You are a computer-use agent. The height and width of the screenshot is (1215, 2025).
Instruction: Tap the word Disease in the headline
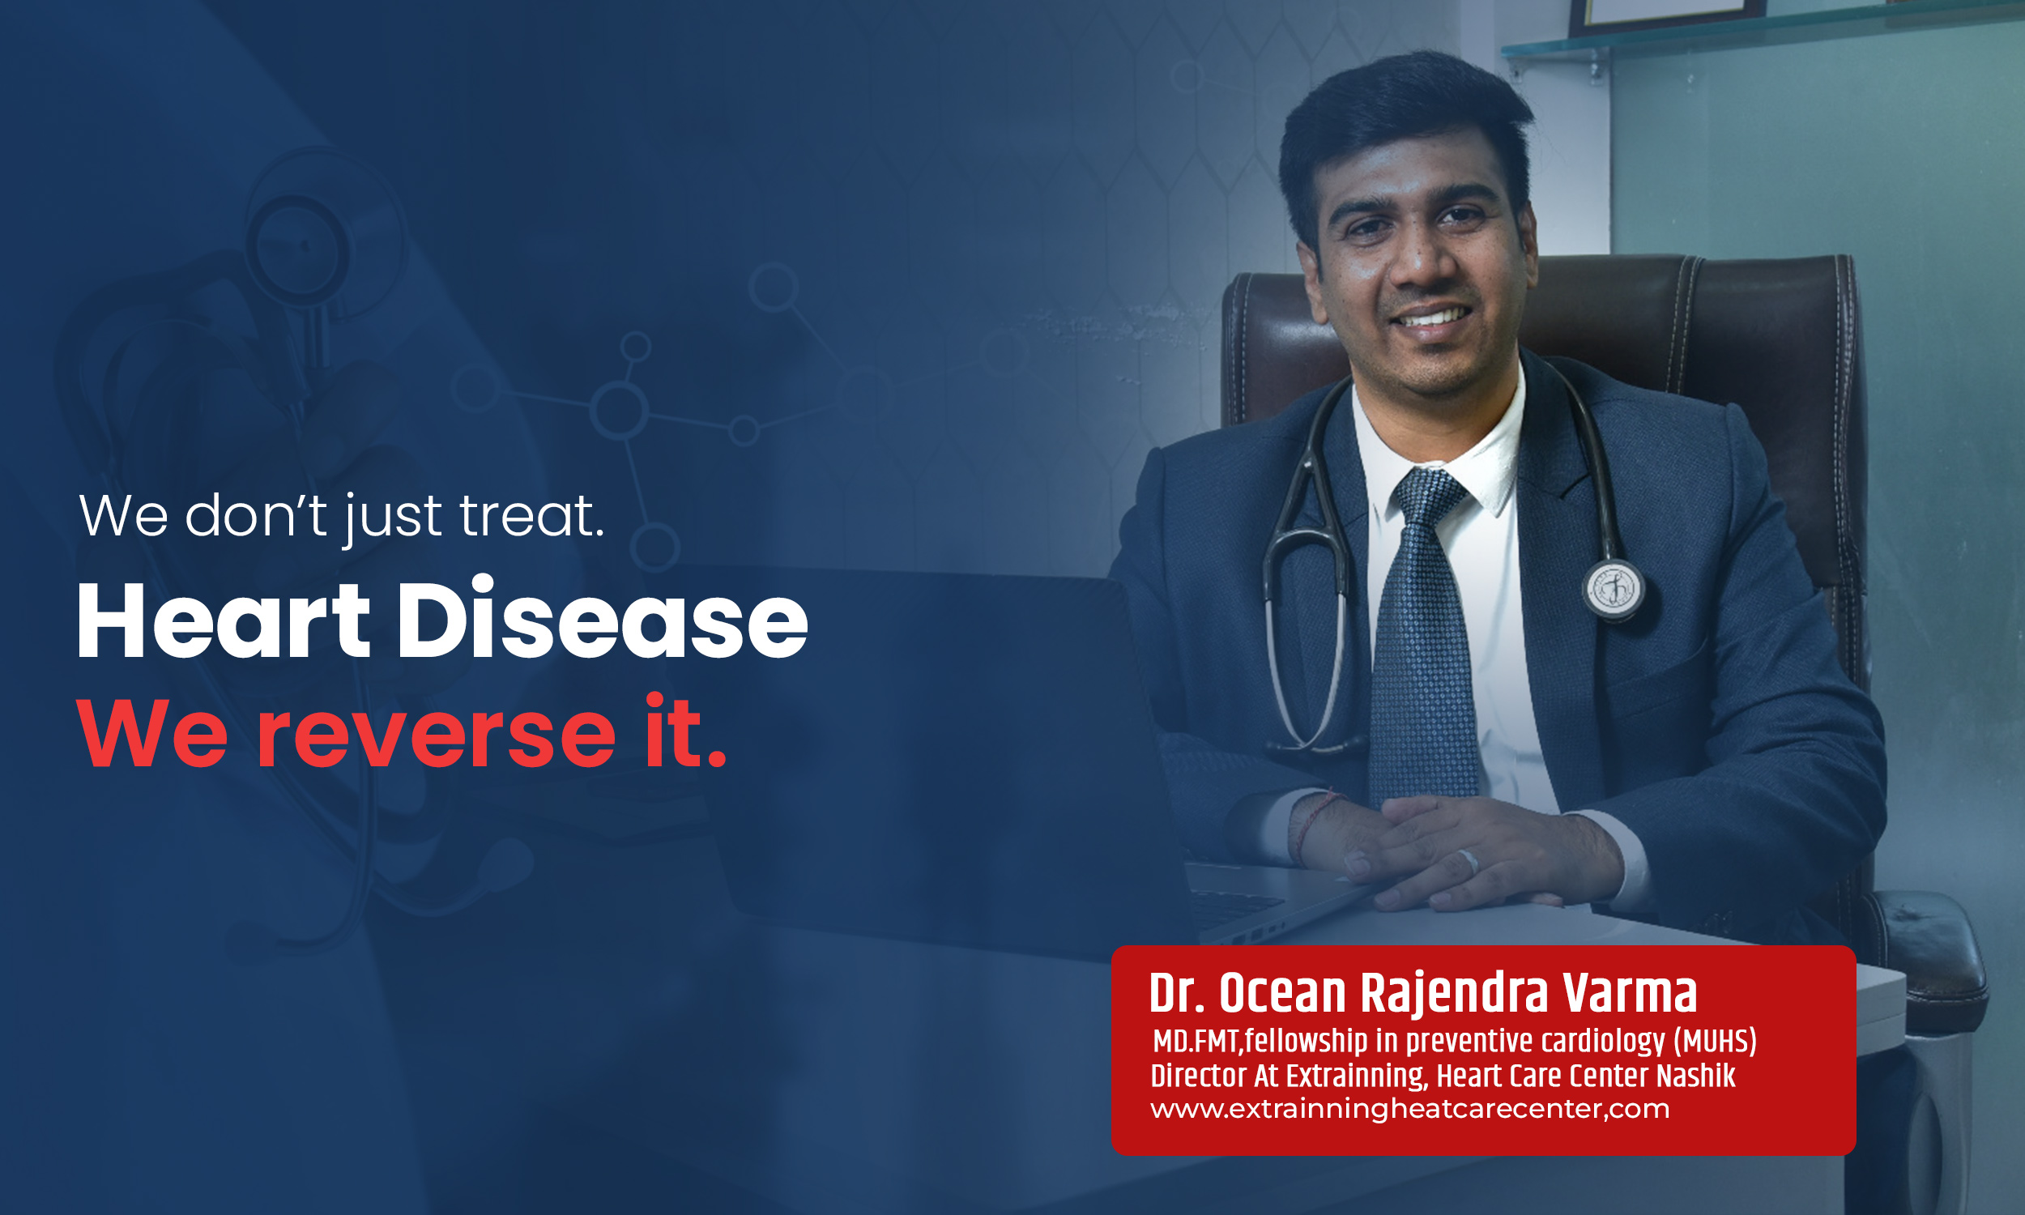tap(603, 617)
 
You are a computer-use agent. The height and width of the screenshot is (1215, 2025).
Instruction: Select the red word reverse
tap(437, 735)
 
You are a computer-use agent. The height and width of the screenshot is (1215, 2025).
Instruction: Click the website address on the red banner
tap(1409, 1110)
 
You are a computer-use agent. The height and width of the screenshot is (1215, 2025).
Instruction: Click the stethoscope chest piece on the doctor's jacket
tap(1614, 589)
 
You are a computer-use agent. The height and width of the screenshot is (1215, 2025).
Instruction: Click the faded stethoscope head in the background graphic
tap(299, 245)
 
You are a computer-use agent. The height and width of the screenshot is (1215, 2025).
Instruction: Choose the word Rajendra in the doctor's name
tap(1455, 995)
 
